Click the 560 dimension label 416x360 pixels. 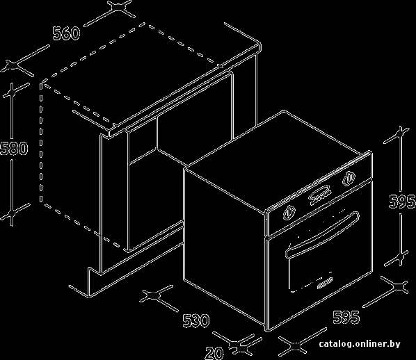[66, 33]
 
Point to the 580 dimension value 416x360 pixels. [14, 148]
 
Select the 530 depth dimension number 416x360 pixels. [196, 320]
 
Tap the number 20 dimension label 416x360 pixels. [214, 353]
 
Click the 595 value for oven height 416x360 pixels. [402, 202]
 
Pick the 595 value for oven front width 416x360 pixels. [346, 317]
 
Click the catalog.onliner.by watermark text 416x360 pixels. [360, 344]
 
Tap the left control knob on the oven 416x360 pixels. [289, 213]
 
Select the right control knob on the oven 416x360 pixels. [349, 178]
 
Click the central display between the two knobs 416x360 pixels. [320, 196]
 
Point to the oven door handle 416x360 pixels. [322, 234]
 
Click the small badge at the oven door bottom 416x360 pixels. [323, 283]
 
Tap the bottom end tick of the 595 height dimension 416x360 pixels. [400, 257]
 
